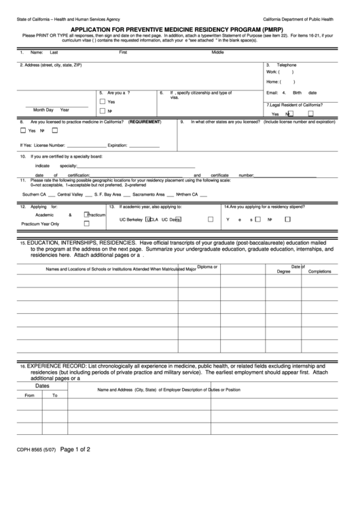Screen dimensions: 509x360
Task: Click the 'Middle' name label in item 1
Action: click(217, 52)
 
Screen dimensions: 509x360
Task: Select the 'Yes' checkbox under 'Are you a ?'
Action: click(102, 101)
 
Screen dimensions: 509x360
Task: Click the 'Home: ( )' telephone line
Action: click(281, 82)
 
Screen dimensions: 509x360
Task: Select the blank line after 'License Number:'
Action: click(86, 145)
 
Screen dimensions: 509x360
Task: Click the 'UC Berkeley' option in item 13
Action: click(131, 220)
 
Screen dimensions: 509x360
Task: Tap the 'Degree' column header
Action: click(283, 270)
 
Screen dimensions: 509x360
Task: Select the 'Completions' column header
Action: click(320, 270)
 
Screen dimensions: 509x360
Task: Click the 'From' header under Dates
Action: click(29, 394)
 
